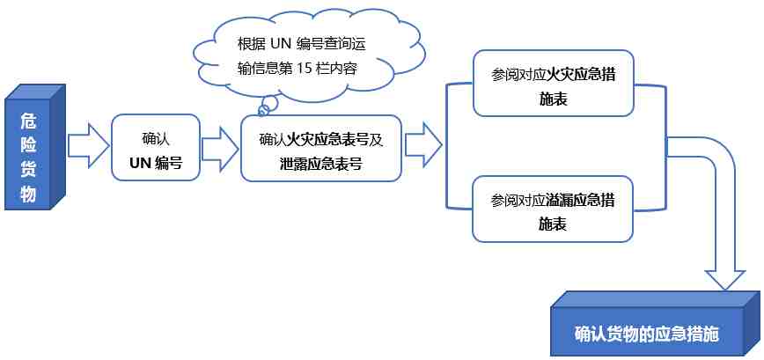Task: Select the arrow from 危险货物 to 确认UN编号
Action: [x=88, y=146]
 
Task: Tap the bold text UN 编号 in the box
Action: [x=156, y=163]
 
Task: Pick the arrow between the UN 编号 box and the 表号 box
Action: [x=220, y=149]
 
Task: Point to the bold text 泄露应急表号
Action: [x=321, y=164]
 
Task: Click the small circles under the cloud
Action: [x=266, y=107]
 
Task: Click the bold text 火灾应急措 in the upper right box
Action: [x=580, y=77]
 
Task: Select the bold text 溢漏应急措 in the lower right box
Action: [x=580, y=202]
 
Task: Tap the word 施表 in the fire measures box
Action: [x=553, y=99]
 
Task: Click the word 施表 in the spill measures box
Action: [x=553, y=224]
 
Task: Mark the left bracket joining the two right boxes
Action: [x=447, y=145]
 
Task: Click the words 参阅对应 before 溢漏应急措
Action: [x=518, y=202]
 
